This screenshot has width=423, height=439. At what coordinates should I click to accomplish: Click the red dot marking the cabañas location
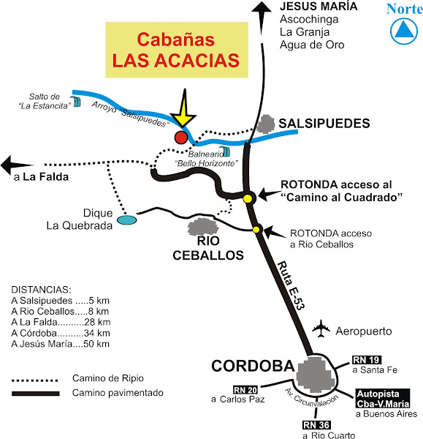pyautogui.click(x=180, y=137)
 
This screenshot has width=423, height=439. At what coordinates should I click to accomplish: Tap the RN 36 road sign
pyautogui.click(x=316, y=424)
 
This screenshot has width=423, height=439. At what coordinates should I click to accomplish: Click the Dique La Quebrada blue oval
pyautogui.click(x=127, y=219)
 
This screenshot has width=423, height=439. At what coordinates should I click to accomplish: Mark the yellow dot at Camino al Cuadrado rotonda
pyautogui.click(x=248, y=198)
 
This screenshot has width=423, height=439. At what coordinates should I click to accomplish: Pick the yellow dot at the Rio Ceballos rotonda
pyautogui.click(x=256, y=230)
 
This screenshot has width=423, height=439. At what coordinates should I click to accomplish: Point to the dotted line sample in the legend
pyautogui.click(x=34, y=380)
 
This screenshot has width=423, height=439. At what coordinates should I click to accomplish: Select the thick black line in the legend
pyautogui.click(x=34, y=393)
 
